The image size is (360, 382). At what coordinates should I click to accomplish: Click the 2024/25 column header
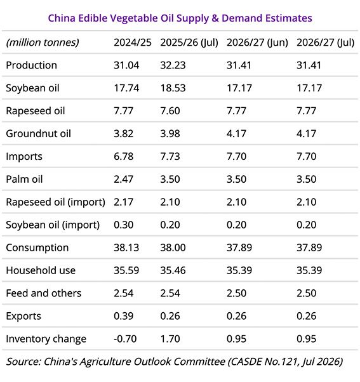[133, 43]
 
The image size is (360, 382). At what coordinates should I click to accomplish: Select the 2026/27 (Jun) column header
[257, 43]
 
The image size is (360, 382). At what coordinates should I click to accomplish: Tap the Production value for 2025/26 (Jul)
[173, 65]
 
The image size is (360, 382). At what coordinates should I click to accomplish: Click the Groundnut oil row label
[39, 133]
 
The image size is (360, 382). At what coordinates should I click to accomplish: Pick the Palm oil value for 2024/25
[124, 180]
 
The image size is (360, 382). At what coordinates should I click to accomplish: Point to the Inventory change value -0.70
[125, 339]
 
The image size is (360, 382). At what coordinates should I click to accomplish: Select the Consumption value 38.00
[173, 247]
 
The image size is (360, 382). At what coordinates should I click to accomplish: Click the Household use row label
[41, 270]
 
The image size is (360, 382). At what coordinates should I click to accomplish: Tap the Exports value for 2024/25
[124, 316]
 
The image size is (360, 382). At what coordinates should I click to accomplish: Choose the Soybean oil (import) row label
[53, 225]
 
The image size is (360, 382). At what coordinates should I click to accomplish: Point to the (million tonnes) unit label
[43, 43]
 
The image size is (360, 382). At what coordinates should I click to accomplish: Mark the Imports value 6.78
[124, 156]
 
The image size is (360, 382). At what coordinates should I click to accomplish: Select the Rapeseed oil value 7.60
[170, 111]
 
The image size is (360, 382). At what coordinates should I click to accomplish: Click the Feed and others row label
[44, 293]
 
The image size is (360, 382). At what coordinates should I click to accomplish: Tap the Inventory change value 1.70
[170, 339]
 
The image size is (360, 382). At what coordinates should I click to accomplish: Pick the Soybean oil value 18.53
[173, 88]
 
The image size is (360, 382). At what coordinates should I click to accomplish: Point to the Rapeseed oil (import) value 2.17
[124, 202]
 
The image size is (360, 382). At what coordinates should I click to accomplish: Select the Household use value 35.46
[173, 270]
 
